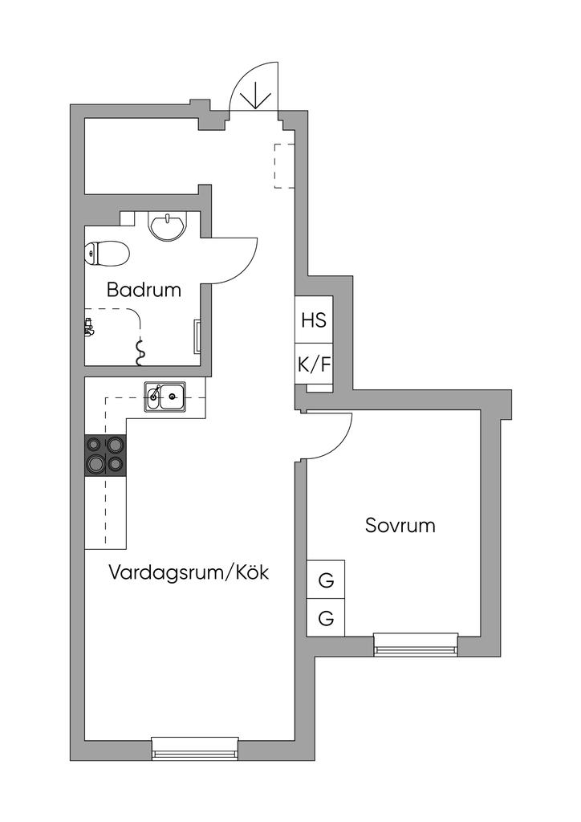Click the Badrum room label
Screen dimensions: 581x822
pyautogui.click(x=144, y=290)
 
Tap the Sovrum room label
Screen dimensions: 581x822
pyautogui.click(x=400, y=526)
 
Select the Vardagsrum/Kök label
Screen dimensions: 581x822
pyautogui.click(x=189, y=573)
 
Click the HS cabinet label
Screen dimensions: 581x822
pyautogui.click(x=314, y=319)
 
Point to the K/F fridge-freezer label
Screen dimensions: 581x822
pyautogui.click(x=314, y=364)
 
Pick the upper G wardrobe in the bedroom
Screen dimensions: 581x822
pyautogui.click(x=326, y=580)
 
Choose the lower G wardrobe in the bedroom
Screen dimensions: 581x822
pyautogui.click(x=326, y=618)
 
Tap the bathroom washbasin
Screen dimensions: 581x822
pyautogui.click(x=167, y=226)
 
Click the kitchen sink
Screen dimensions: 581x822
pyautogui.click(x=165, y=397)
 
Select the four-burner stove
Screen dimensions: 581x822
pyautogui.click(x=105, y=455)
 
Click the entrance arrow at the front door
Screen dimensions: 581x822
pyautogui.click(x=255, y=94)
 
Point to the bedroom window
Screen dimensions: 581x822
pyautogui.click(x=416, y=644)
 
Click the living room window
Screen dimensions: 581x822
pyautogui.click(x=195, y=748)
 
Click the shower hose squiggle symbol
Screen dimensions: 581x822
pyautogui.click(x=140, y=347)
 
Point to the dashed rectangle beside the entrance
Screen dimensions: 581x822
pyautogui.click(x=284, y=165)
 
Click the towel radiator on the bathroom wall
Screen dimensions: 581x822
pyautogui.click(x=197, y=336)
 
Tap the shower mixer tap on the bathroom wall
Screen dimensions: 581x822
pyautogui.click(x=88, y=326)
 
